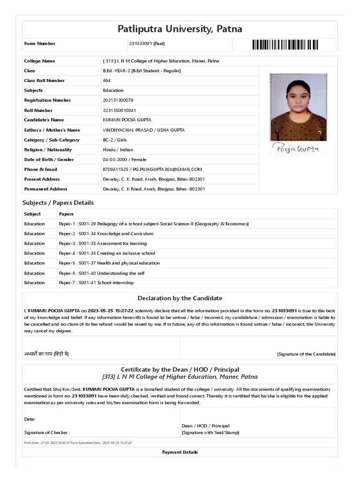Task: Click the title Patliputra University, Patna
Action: pyautogui.click(x=180, y=29)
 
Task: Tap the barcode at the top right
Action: pyautogui.click(x=285, y=45)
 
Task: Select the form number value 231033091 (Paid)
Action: pyautogui.click(x=147, y=44)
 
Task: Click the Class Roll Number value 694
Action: pyautogui.click(x=107, y=81)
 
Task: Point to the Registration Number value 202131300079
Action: pyautogui.click(x=118, y=100)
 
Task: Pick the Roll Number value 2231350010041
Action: pyautogui.click(x=120, y=111)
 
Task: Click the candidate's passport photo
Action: pyautogui.click(x=298, y=107)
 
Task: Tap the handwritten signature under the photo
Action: pyautogui.click(x=296, y=149)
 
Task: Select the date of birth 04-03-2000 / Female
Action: pyautogui.click(x=124, y=160)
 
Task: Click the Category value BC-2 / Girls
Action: pyautogui.click(x=114, y=140)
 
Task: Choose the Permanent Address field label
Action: pyautogui.click(x=45, y=189)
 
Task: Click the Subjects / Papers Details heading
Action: pyautogui.click(x=58, y=203)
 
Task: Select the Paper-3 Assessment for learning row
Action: pyautogui.click(x=103, y=244)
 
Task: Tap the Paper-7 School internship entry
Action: pyautogui.click(x=96, y=283)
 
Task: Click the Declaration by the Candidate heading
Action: pyautogui.click(x=180, y=298)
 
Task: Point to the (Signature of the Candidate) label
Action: pyautogui.click(x=306, y=354)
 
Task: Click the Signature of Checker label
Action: pyautogui.click(x=47, y=433)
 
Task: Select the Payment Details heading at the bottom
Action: pyautogui.click(x=180, y=452)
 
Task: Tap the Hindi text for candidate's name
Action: pyautogui.click(x=46, y=354)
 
